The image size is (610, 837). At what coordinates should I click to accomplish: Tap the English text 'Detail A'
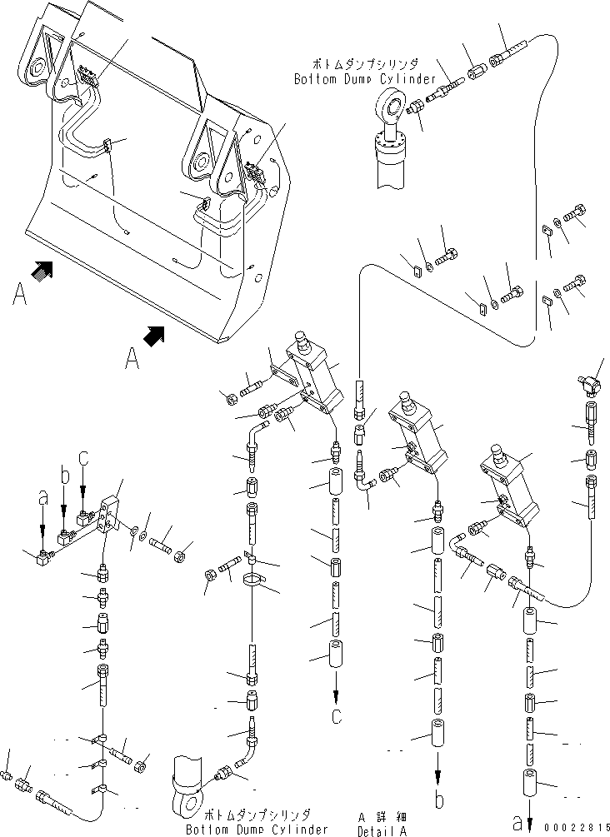[x=382, y=830]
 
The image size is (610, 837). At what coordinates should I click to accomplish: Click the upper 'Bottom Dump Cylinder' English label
[x=364, y=79]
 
